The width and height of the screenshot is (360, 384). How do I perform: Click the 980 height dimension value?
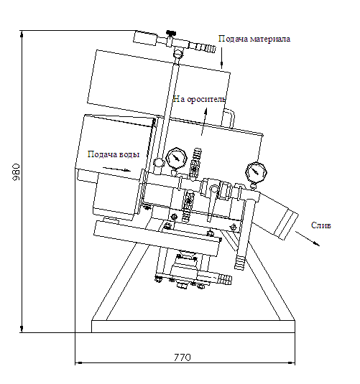click(x=17, y=172)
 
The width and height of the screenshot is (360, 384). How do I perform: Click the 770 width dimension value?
click(x=183, y=357)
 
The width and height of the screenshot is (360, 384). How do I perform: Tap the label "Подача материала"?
click(x=254, y=39)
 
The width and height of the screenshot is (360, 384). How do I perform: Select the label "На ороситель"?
click(x=199, y=99)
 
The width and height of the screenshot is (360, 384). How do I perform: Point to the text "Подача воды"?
click(x=114, y=154)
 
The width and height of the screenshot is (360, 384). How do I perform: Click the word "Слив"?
click(x=320, y=225)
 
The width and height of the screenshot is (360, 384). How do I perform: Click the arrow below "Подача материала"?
click(x=222, y=58)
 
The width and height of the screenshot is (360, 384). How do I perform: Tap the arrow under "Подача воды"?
click(x=116, y=169)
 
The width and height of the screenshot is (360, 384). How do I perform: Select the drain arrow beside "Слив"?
click(x=308, y=238)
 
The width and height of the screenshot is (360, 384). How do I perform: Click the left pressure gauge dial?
click(x=176, y=158)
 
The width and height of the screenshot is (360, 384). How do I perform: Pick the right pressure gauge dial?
click(x=256, y=172)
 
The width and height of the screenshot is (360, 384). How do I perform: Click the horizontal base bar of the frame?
click(x=193, y=326)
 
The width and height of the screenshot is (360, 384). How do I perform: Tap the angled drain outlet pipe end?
click(x=286, y=224)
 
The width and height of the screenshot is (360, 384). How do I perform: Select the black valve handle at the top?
click(x=171, y=32)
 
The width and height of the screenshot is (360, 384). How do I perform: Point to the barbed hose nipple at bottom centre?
click(x=224, y=279)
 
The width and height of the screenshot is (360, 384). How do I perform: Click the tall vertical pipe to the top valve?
click(x=167, y=111)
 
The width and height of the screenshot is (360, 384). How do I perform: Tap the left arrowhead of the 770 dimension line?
click(x=78, y=362)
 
